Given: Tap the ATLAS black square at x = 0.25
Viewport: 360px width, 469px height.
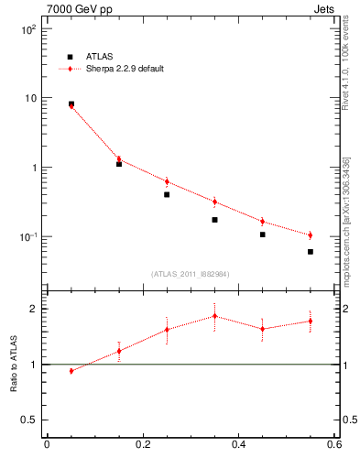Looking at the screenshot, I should (x=167, y=194).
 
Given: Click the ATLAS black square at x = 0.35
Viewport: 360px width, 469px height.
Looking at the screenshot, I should (x=214, y=220).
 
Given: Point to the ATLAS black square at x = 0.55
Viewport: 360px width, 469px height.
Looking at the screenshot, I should (x=311, y=251).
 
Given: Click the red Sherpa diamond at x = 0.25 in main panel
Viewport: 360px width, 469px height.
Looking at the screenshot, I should (x=167, y=181).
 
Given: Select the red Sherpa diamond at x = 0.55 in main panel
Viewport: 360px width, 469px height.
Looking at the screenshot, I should (x=311, y=235).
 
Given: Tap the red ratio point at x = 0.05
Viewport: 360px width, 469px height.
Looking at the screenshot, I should (x=71, y=371).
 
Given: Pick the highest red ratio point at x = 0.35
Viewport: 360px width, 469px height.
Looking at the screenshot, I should (x=214, y=316).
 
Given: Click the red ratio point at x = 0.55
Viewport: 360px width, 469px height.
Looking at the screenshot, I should (x=311, y=321).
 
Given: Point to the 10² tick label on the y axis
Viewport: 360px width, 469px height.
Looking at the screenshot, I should (x=28, y=29).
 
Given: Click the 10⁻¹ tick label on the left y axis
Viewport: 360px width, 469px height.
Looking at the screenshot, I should (x=28, y=237).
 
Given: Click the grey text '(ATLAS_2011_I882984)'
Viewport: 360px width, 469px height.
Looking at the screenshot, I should (x=191, y=274).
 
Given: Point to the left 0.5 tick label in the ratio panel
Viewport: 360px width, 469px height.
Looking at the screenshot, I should (x=29, y=420).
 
